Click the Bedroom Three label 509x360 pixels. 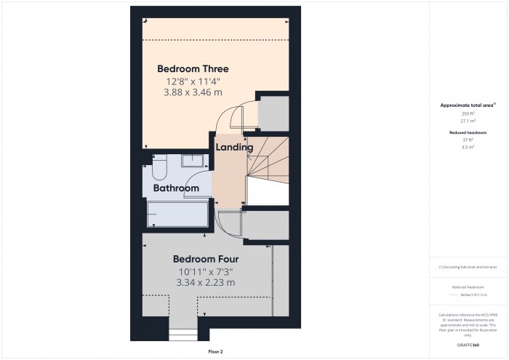[193, 69]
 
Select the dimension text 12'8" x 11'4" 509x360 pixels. [193, 81]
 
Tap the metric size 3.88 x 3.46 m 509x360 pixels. [193, 92]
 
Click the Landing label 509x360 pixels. [233, 147]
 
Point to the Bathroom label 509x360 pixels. [175, 188]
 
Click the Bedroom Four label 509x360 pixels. [206, 259]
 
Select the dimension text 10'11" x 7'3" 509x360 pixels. [206, 272]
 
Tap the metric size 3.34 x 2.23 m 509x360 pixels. [206, 283]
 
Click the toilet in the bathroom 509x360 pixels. [159, 169]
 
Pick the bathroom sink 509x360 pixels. [193, 161]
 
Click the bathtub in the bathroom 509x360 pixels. [176, 216]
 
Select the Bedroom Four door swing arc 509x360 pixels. [228, 223]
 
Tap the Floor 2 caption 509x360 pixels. [215, 352]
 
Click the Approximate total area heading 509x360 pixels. [467, 105]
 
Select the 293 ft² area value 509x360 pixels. [467, 114]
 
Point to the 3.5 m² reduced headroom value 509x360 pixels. [467, 147]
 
